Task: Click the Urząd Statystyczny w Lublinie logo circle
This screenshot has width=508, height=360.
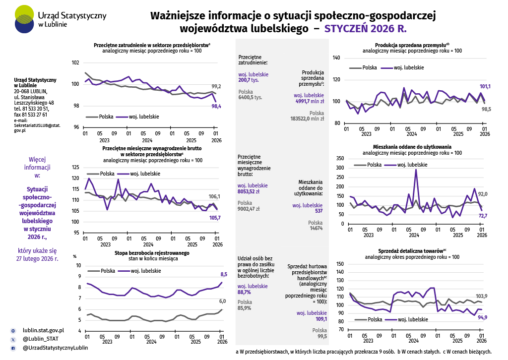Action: [x=25, y=19]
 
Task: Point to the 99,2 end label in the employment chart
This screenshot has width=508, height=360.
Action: [x=216, y=86]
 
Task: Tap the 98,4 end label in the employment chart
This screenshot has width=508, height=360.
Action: [x=216, y=106]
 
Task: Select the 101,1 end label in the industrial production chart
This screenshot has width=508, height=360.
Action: [x=485, y=86]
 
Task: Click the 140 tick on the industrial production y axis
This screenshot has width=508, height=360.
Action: [x=336, y=58]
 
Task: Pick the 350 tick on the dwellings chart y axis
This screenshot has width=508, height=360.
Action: [x=340, y=158]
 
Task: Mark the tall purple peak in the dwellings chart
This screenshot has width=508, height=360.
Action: [x=416, y=170]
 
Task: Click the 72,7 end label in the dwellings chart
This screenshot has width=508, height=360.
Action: [x=483, y=216]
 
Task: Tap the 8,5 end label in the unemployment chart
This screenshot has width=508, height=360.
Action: [x=223, y=274]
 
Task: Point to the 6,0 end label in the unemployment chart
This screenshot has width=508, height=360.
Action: [x=223, y=301]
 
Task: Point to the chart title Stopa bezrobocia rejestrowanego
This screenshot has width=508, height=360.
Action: [x=152, y=253]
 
